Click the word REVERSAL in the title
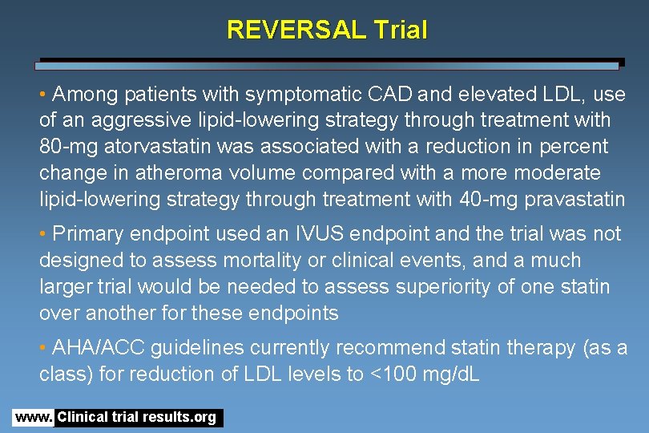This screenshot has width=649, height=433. click(296, 30)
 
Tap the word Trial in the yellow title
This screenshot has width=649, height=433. click(400, 30)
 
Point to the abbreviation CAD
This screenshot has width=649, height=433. click(389, 95)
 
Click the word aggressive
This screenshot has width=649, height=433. click(145, 120)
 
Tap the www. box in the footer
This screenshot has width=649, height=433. click(33, 418)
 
